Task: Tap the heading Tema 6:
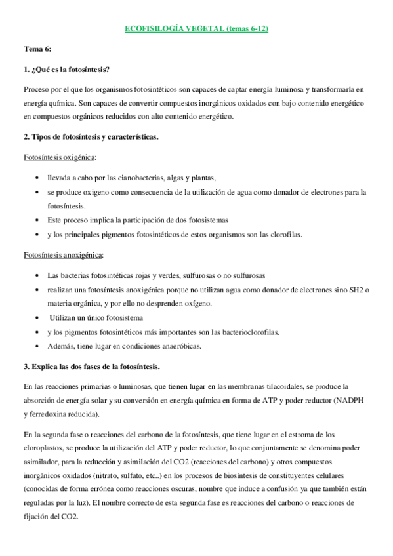click(37, 49)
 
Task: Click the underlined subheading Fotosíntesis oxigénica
click(58, 158)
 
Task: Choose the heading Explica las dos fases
click(92, 366)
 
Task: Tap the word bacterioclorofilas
click(249, 332)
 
